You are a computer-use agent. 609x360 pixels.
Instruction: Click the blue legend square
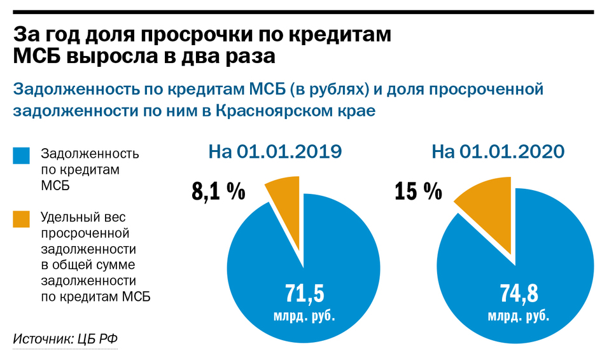[x=22, y=155]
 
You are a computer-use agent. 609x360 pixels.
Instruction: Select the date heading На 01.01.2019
[x=275, y=151]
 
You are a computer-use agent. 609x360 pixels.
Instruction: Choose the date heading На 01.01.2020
[x=498, y=151]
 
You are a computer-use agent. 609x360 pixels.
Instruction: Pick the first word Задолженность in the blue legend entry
[x=89, y=155]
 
